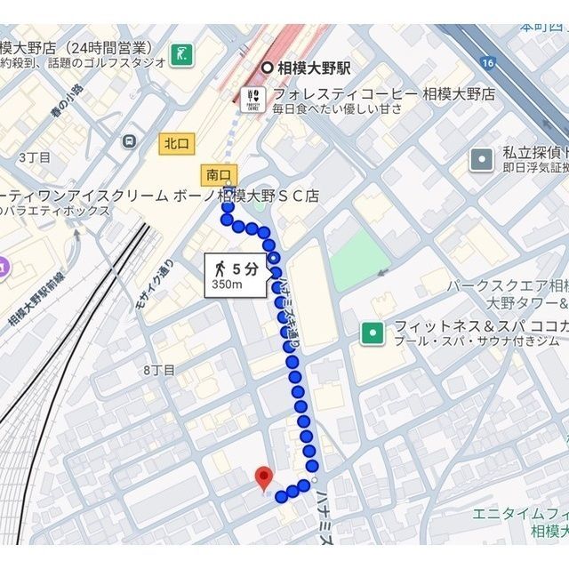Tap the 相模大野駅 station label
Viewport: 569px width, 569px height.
316,68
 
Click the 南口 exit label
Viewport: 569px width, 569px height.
217,174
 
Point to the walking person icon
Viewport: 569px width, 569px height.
219,267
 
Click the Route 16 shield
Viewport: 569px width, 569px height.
486,62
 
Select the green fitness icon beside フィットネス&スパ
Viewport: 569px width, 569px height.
371,333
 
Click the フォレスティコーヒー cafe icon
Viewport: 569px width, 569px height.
252,98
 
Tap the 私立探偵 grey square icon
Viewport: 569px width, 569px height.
482,159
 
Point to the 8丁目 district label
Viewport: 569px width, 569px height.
159,369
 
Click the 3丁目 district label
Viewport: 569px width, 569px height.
35,156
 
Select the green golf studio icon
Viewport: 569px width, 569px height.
183,53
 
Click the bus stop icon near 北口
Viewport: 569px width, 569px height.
130,140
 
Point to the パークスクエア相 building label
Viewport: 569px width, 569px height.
508,285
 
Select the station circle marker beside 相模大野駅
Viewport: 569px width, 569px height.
267,68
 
